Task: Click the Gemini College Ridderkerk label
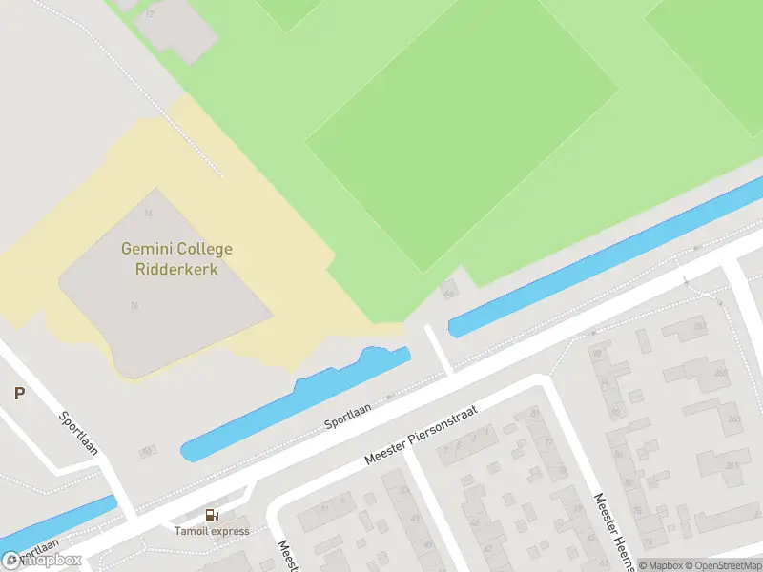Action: [176, 259]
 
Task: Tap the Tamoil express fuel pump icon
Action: [212, 516]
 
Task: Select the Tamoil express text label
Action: [212, 531]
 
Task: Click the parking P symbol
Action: [18, 393]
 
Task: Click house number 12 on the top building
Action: [150, 13]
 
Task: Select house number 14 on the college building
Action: [148, 212]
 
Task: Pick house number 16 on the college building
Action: [134, 305]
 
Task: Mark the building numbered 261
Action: [732, 465]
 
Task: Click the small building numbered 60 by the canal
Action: [146, 450]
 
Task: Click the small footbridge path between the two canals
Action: [438, 349]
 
